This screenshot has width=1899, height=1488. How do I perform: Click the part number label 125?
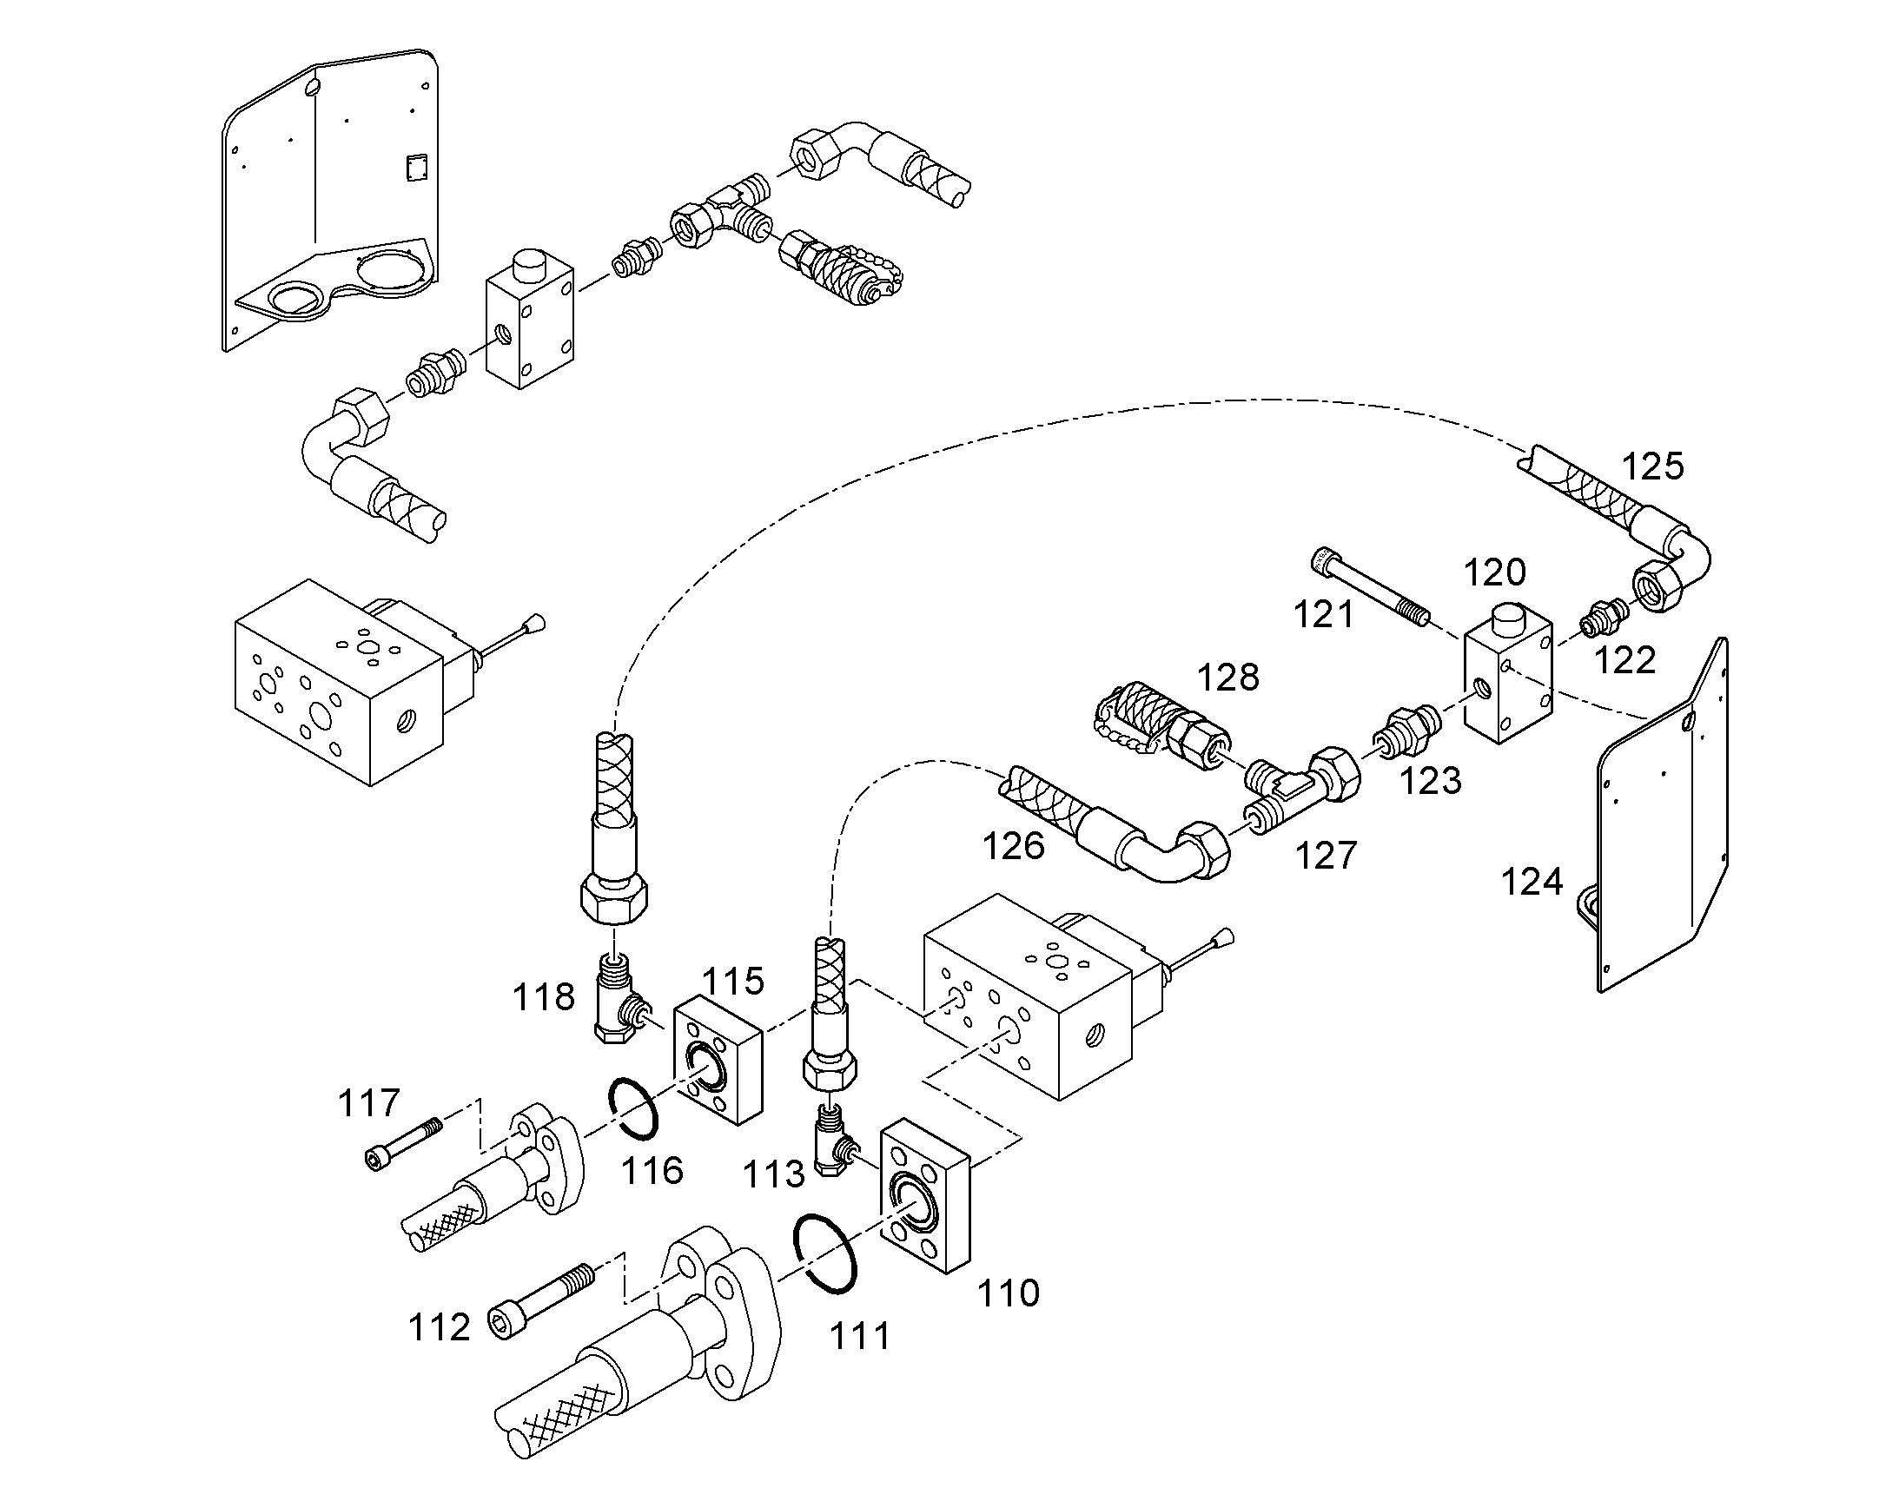1652,467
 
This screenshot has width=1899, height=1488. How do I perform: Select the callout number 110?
1008,1293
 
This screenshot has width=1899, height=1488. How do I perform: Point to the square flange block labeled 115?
718,1060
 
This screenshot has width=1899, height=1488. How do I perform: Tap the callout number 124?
1532,883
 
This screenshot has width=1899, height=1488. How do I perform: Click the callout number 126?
1013,846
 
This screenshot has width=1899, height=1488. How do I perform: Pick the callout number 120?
1494,573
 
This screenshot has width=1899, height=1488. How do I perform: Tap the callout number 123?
1431,782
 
